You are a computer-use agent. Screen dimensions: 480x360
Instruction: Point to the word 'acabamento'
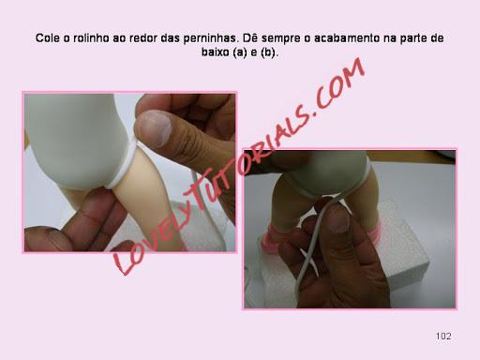pyautogui.click(x=346, y=38)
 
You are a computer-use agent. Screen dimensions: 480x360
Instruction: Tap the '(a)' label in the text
pyautogui.click(x=240, y=52)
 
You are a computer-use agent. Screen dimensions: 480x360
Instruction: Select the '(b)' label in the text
pyautogui.click(x=268, y=52)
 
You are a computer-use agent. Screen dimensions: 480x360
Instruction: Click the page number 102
pyautogui.click(x=443, y=337)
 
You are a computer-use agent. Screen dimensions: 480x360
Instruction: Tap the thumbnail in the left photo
pyautogui.click(x=156, y=127)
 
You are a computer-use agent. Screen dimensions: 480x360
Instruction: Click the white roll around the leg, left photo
pyautogui.click(x=124, y=166)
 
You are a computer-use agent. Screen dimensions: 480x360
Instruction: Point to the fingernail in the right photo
pyautogui.click(x=338, y=218)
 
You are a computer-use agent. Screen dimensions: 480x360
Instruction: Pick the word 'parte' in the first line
pyautogui.click(x=413, y=38)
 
